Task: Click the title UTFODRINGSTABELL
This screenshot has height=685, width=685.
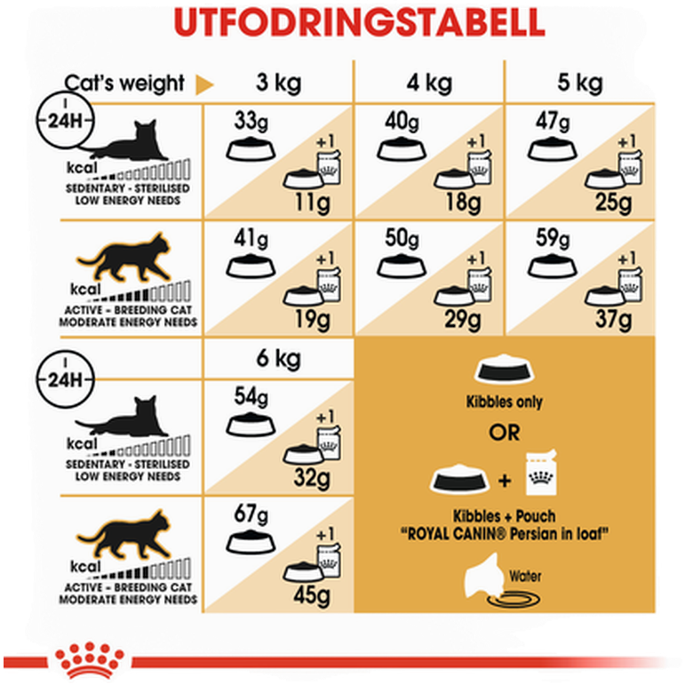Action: (359, 23)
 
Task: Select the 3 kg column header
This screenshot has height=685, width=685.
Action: (279, 83)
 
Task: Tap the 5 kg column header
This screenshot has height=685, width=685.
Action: (580, 83)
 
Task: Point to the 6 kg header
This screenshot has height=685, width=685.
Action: (279, 359)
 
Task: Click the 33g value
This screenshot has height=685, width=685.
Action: (251, 121)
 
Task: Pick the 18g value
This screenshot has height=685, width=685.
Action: (463, 203)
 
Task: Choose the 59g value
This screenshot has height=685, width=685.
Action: (554, 238)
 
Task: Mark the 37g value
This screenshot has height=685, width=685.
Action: (614, 319)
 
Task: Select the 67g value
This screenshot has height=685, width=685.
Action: (251, 514)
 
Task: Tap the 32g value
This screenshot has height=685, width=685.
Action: (312, 477)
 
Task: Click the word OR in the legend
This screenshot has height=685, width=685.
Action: (505, 433)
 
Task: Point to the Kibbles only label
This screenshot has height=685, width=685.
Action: (504, 402)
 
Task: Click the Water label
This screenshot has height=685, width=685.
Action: (525, 577)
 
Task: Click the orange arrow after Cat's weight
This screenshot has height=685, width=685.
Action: (204, 84)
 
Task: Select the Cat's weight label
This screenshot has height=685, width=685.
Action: (124, 84)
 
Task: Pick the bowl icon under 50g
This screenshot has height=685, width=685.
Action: (402, 266)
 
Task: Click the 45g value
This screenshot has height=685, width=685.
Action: (312, 595)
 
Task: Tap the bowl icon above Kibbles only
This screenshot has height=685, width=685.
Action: (504, 369)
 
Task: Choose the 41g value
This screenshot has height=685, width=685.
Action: (251, 238)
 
